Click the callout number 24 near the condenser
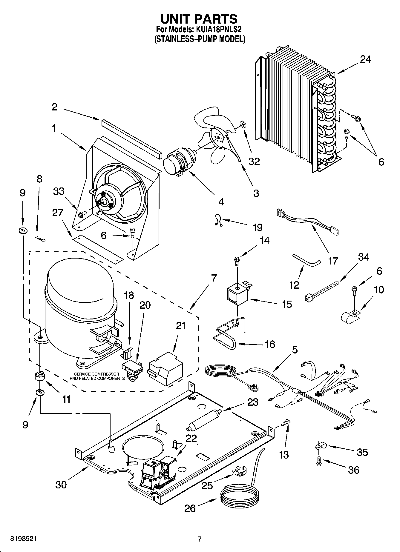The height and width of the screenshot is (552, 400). pos(365,60)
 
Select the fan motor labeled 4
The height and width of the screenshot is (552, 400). pos(179,163)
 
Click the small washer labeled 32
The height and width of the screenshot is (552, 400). pos(242,123)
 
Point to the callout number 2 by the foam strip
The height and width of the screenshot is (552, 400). pos(54,107)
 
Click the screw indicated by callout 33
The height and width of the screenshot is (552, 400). pos(82,214)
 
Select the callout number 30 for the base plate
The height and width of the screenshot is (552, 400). pos(61,485)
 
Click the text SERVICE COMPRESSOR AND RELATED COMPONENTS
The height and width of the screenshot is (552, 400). pos(97,376)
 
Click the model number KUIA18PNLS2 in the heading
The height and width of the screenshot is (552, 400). pos(219,30)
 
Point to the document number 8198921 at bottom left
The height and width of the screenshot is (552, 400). pos(24,539)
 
